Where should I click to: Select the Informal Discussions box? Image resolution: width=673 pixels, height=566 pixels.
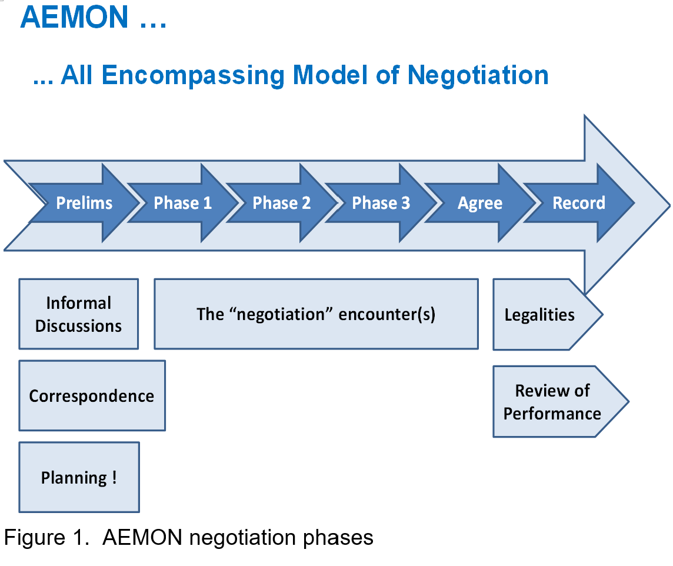[79, 314]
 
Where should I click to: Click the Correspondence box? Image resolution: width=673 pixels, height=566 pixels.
[92, 395]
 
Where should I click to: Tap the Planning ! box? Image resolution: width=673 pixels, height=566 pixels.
[79, 477]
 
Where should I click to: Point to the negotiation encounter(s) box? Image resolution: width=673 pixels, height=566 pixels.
[316, 314]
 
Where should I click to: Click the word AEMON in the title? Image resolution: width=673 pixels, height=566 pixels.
[74, 17]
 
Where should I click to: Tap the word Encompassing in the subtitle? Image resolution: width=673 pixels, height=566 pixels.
[193, 75]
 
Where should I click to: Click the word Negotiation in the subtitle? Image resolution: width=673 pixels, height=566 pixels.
[478, 75]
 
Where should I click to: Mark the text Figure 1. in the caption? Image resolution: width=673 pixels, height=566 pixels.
[46, 537]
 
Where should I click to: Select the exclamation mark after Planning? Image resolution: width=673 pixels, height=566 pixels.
[115, 477]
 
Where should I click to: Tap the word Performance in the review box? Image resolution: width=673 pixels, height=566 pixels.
[552, 414]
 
